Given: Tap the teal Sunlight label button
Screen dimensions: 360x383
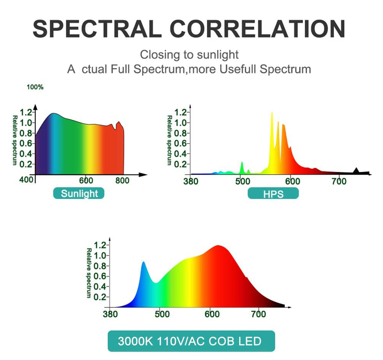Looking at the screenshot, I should (x=79, y=194).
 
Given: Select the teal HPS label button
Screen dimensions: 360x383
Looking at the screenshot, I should (x=273, y=194).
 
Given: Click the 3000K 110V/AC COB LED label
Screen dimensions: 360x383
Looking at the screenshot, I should (x=191, y=341).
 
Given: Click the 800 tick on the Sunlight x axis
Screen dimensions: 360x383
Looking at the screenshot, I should (x=122, y=181).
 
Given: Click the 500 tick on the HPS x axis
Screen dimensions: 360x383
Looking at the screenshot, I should (x=241, y=181).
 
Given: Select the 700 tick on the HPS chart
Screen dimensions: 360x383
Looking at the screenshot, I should (x=339, y=181).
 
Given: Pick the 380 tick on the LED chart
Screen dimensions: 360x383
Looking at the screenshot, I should (x=111, y=314).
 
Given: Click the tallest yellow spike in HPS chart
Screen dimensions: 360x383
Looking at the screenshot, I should (x=272, y=116).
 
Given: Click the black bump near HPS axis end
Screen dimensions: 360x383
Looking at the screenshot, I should (x=356, y=171).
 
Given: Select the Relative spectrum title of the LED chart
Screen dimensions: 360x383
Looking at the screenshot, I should (x=89, y=273).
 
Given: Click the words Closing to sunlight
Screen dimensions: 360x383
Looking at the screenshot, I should (x=189, y=55).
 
